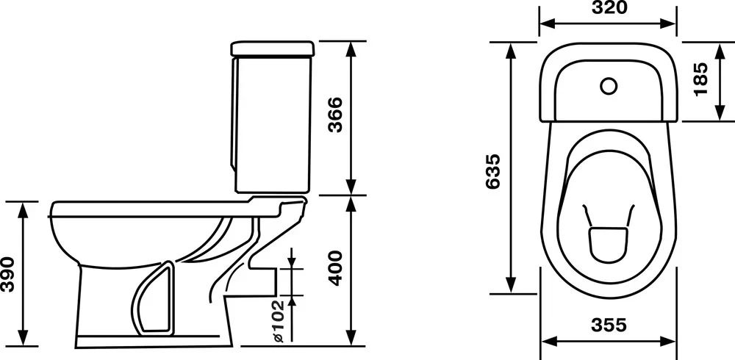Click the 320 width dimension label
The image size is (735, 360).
point(609,7)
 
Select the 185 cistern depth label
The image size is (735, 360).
point(700,79)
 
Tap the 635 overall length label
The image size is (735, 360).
point(493,171)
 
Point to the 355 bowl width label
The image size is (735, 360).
point(609,325)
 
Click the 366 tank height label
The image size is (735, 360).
point(335,115)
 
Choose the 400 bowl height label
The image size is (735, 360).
point(335,267)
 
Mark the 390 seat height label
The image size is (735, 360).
point(7,274)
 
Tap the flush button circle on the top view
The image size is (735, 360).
point(609,86)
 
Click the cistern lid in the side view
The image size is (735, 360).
point(273,49)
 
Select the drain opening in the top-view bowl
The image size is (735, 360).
point(608,244)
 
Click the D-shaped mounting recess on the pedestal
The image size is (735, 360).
point(154,299)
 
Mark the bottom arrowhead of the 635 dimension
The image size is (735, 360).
point(511,285)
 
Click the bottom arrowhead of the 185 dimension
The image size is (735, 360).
point(720,113)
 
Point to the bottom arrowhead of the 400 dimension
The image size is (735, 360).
point(351,337)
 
